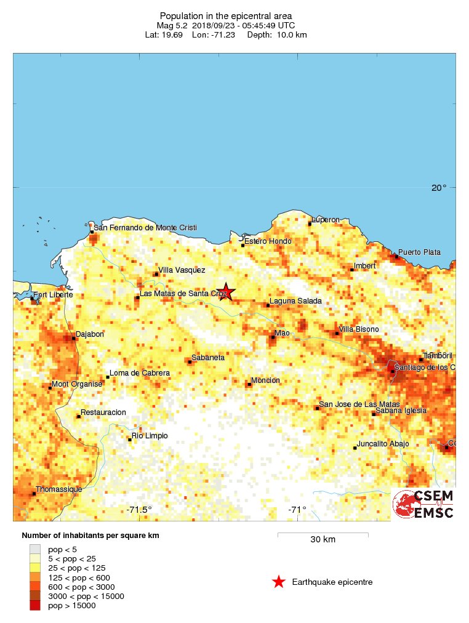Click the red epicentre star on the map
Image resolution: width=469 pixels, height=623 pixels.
tap(226, 292)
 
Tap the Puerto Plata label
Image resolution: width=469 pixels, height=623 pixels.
tap(419, 252)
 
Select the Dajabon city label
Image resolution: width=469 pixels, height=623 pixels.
tap(89, 335)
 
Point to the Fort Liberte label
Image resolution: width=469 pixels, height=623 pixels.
tap(52, 295)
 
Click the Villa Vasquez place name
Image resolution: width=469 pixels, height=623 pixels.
tap(182, 270)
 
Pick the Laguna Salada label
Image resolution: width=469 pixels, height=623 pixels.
tap(295, 301)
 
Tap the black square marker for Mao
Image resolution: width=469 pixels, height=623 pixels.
tap(273, 337)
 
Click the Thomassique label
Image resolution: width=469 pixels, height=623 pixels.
tap(58, 489)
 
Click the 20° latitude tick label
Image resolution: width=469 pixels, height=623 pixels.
tap(438, 188)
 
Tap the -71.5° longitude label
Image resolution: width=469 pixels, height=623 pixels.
tap(139, 510)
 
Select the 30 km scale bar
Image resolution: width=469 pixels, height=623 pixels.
tap(323, 534)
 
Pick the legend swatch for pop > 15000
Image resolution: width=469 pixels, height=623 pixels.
tap(35, 606)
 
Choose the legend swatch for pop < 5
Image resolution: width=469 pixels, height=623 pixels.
tap(35, 549)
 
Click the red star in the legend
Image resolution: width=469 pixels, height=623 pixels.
tap(279, 582)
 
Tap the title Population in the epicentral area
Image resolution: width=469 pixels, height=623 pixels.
tap(225, 16)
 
